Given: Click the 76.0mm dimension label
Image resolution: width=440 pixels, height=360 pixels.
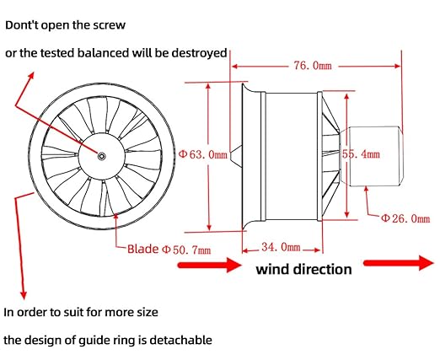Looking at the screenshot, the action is coord(313,66).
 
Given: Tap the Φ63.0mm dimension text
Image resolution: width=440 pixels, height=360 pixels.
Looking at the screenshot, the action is coord(202,154).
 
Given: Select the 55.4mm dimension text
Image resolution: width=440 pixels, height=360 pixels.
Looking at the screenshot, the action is coord(361,154).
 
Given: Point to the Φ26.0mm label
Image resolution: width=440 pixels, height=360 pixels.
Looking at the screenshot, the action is coord(405,218).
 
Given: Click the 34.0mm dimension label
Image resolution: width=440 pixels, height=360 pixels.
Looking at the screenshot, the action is coord(281,247).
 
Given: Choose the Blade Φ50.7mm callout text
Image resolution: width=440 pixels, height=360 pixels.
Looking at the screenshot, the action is coord(169,250).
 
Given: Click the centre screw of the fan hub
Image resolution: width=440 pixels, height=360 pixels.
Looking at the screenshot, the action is coord(102,156).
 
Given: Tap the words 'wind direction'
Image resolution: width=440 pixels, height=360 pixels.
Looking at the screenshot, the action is coord(303,269).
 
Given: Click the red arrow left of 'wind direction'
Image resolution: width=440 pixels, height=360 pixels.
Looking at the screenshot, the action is coord(210,265).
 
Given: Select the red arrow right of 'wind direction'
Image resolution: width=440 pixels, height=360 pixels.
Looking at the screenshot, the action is coord(399,263).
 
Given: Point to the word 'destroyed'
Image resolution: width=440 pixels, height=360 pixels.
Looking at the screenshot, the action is coord(199,53).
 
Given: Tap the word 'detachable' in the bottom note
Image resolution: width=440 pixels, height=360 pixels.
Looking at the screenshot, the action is coord(180,340).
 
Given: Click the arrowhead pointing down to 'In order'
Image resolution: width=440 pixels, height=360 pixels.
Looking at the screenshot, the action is coord(24,295).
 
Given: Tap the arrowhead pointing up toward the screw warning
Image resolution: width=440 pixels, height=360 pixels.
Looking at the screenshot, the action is coord(30,76).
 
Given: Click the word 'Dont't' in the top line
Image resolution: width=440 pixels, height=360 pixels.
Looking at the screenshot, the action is coord(23,25).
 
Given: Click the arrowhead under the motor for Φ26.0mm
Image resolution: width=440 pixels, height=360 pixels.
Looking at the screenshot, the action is coord(366,189).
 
